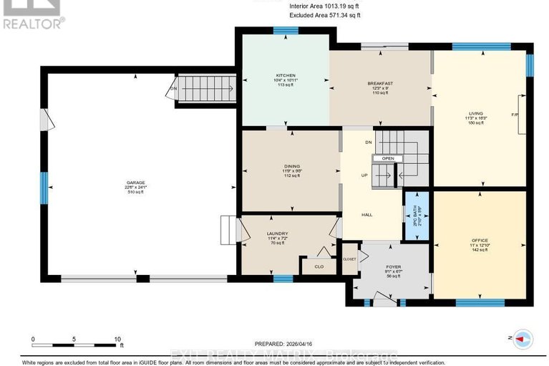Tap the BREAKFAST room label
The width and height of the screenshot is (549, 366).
(x=380, y=84)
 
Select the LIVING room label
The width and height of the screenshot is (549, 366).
(x=476, y=113)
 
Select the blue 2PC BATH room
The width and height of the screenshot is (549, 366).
(x=416, y=216)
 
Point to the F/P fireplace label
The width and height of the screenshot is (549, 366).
(x=514, y=115)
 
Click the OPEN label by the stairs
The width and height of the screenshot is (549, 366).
(x=387, y=158)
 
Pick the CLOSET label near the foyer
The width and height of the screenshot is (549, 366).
(x=349, y=259)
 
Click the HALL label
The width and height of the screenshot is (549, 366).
(x=366, y=214)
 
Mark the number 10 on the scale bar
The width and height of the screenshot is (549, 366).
(x=117, y=339)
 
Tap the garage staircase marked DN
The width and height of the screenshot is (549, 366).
(x=204, y=90)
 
